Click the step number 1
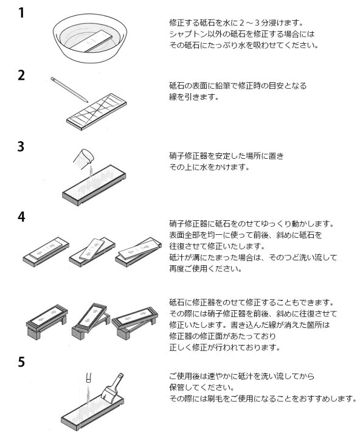tap(21, 12)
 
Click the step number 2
tap(21, 75)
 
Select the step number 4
tap(21, 217)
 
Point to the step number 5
tap(21, 363)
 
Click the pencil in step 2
tap(67, 89)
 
